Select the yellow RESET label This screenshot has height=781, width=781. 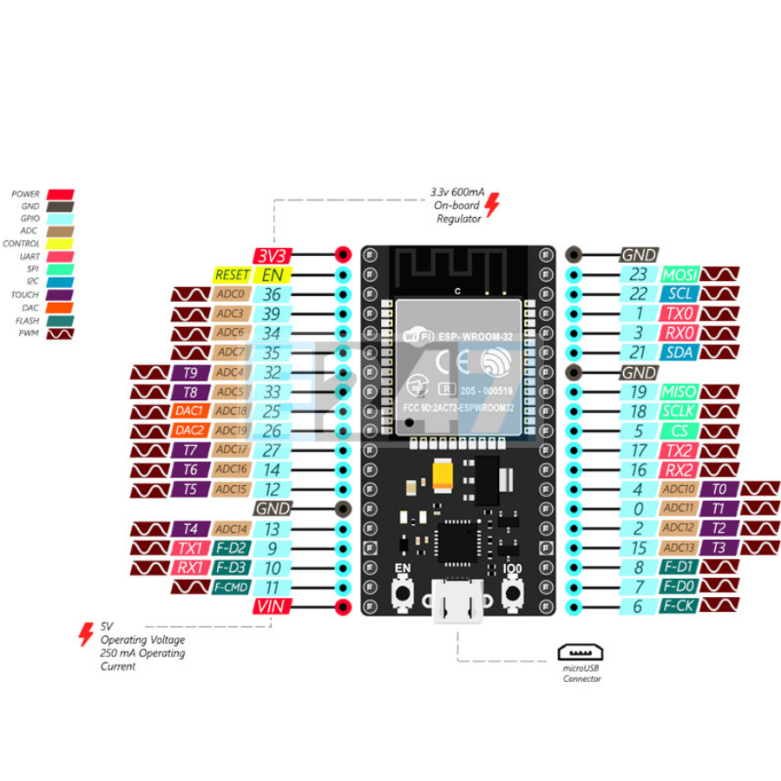232,274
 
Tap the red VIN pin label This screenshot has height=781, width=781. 272,607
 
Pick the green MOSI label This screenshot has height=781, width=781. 680,275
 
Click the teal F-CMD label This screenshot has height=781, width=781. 231,587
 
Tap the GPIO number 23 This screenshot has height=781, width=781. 638,275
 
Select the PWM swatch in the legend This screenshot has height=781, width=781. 61,333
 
